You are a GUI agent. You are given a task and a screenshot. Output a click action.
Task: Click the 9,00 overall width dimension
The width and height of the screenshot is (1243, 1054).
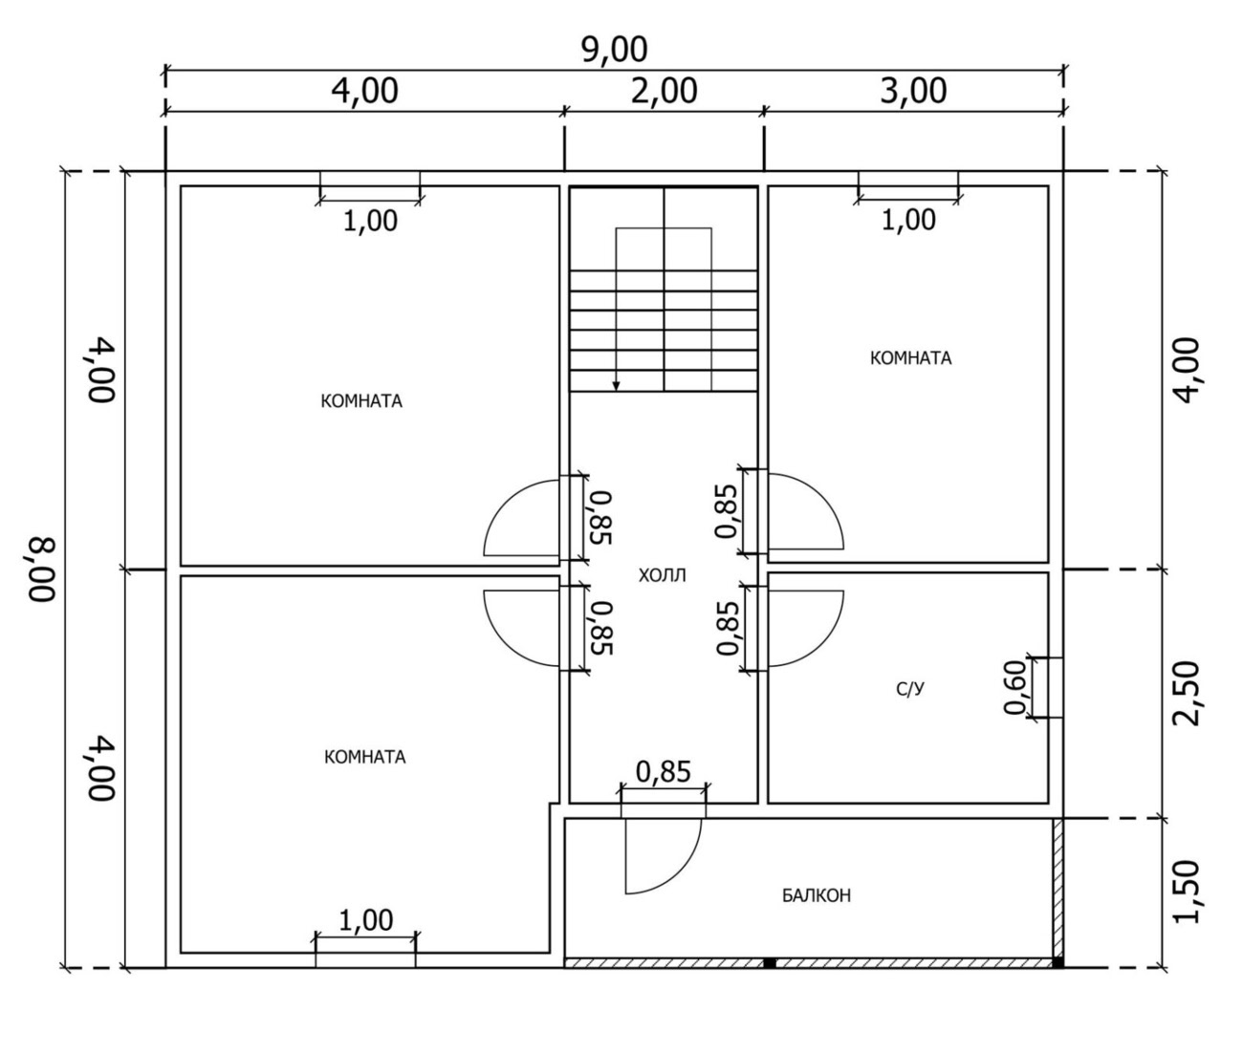(x=614, y=51)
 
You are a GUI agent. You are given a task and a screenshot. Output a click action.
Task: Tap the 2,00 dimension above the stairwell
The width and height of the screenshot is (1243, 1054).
(x=664, y=92)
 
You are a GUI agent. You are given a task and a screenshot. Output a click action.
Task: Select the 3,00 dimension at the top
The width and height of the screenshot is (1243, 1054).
(x=913, y=92)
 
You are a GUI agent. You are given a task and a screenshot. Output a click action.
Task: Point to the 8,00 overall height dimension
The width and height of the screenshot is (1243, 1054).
(x=42, y=570)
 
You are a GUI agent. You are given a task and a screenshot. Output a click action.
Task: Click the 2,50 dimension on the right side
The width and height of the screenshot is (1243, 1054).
(x=1186, y=693)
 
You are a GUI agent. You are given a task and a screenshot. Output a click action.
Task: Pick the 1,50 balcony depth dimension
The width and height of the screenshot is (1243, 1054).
(x=1186, y=893)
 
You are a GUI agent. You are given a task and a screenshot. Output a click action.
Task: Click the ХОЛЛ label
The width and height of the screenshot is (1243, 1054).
(x=662, y=575)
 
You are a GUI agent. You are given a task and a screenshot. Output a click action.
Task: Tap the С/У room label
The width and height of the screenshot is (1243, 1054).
(x=910, y=690)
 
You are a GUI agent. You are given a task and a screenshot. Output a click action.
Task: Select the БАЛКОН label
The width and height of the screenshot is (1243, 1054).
(x=816, y=896)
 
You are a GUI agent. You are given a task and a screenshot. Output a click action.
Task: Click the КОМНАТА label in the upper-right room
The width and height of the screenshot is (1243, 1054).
(x=910, y=358)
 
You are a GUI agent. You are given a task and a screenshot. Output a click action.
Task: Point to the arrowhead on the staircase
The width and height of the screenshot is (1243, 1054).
(x=616, y=386)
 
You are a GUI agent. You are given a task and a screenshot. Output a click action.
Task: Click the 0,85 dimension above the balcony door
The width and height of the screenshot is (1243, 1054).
(x=663, y=772)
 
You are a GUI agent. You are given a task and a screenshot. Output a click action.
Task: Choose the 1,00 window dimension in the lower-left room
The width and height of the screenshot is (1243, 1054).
(x=365, y=920)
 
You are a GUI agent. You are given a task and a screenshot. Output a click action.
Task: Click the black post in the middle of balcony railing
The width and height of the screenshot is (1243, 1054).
(x=769, y=962)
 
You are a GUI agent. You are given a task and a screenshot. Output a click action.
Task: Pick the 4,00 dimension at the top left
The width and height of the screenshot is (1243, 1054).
(x=364, y=92)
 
